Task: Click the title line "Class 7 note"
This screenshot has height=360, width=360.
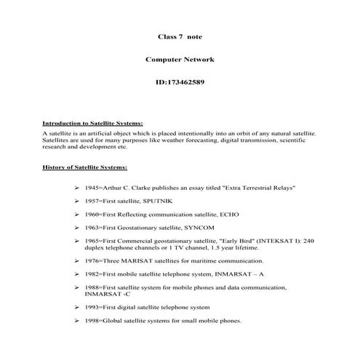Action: (179, 34)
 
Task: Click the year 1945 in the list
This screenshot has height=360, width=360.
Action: (92, 188)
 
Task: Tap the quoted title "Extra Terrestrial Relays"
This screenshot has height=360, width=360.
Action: (252, 188)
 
